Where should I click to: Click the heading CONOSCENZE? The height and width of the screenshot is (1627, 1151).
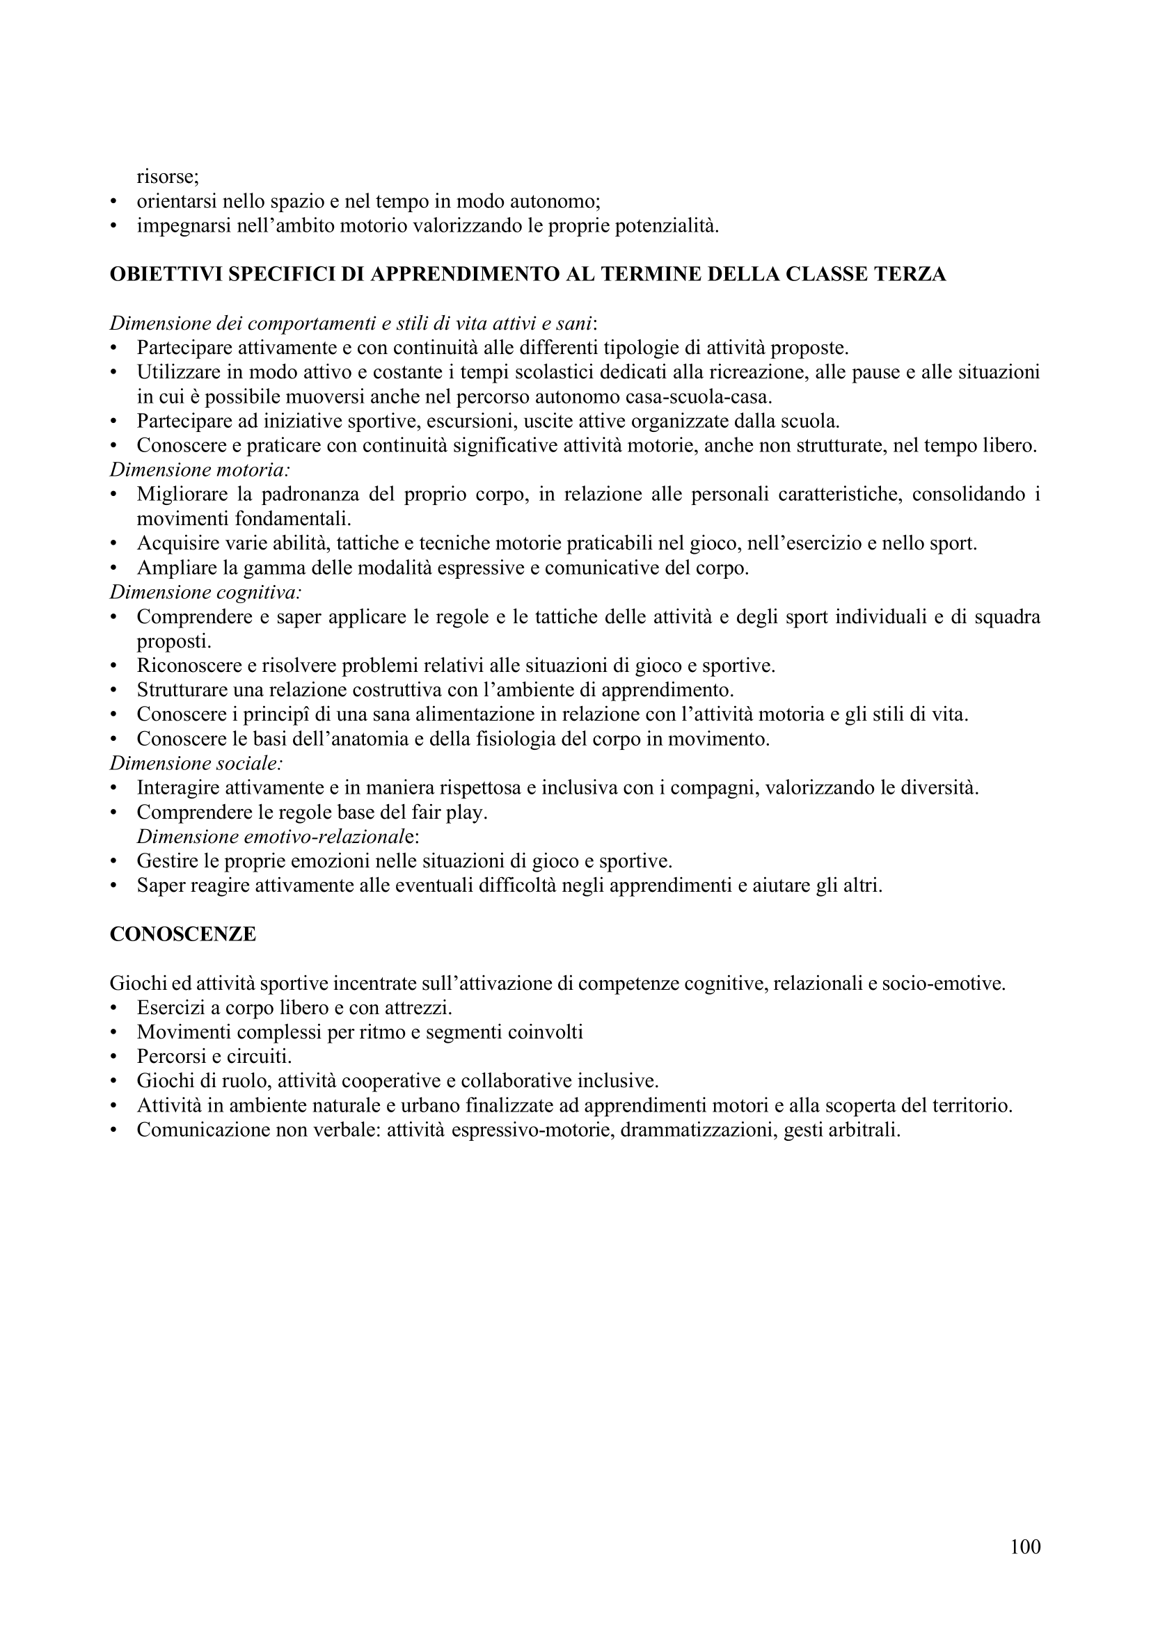coord(183,934)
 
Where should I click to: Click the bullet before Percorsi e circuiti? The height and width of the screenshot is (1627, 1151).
coord(113,1057)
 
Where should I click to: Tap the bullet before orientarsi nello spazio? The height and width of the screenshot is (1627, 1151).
coord(113,202)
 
